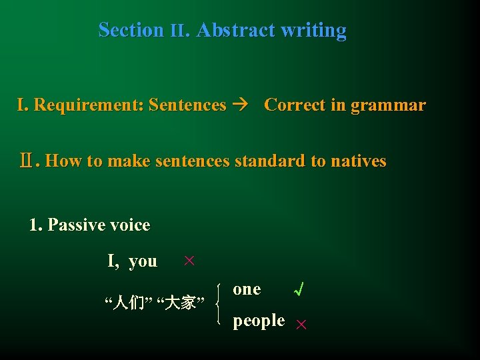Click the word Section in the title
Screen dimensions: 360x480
(x=131, y=30)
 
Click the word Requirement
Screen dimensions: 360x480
(x=89, y=105)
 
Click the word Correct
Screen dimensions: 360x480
(x=291, y=105)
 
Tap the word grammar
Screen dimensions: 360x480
(x=387, y=105)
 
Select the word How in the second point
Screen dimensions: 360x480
(x=61, y=161)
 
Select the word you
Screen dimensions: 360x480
(x=143, y=261)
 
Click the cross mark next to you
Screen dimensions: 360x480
(x=189, y=261)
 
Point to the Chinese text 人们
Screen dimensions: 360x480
(x=125, y=303)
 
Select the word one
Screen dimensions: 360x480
(x=247, y=289)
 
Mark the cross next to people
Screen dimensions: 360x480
(x=301, y=324)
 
